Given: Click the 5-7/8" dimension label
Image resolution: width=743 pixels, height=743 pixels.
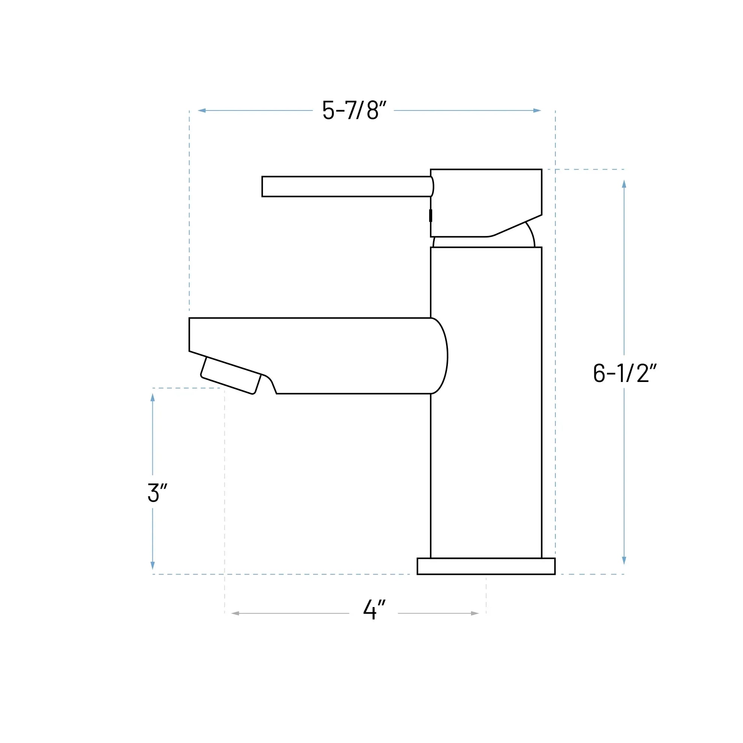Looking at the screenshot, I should pos(354,110).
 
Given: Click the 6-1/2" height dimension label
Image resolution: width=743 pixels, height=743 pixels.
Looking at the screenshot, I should pos(624,373).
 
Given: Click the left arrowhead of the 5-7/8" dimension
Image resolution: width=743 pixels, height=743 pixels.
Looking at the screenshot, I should pos(202,110).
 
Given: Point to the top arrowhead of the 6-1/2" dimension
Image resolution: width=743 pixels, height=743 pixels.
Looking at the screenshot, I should pos(624,184).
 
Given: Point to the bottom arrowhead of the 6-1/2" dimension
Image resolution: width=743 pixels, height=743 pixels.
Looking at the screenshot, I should pos(624,560).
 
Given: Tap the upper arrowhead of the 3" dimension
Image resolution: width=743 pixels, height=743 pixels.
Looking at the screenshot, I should pos(153,397).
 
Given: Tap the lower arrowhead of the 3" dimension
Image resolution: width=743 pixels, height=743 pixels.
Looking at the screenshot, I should pos(153,565).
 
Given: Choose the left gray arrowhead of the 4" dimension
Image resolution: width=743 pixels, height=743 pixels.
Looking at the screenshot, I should pos(235,613).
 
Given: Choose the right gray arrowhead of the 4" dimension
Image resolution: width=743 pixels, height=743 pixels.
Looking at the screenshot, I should pos(474,613).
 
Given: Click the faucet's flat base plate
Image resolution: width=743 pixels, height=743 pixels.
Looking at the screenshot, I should pos(486,566).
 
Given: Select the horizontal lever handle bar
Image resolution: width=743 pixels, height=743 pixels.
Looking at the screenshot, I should pos(346,186).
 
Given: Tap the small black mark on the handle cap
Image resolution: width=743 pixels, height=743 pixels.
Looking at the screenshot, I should pos(430,215).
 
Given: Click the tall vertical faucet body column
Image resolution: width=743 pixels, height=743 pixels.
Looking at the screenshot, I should pos(486,423).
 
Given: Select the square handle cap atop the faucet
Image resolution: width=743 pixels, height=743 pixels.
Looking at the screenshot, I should pos(486,196).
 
